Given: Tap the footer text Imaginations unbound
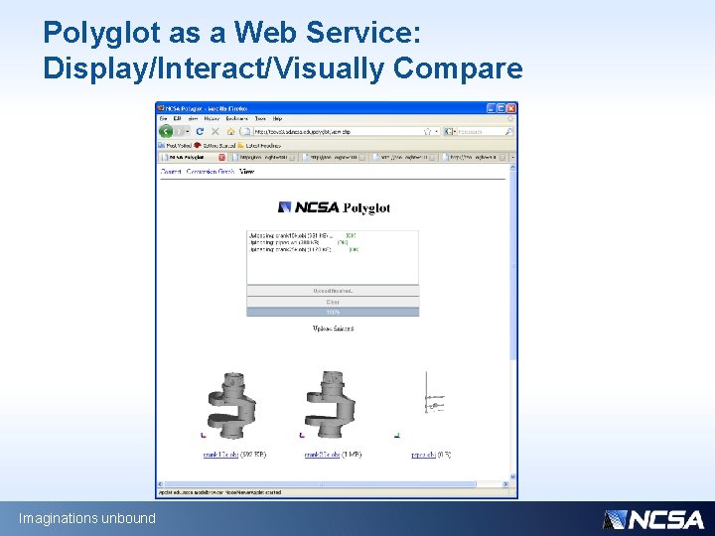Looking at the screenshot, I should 87,518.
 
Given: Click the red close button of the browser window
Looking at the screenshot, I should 511,108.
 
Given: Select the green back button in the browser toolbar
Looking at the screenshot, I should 167,131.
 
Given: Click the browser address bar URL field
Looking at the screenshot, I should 338,131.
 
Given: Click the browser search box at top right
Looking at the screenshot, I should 482,131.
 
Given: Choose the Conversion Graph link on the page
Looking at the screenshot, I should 211,172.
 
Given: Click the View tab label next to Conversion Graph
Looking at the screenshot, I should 246,172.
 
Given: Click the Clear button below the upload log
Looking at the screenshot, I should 333,302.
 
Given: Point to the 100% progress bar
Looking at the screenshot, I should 333,312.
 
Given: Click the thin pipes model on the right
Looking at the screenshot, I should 429,402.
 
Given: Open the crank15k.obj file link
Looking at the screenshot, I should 219,455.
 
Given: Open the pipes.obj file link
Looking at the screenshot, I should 425,455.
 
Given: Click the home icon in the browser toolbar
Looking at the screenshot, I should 229,131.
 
